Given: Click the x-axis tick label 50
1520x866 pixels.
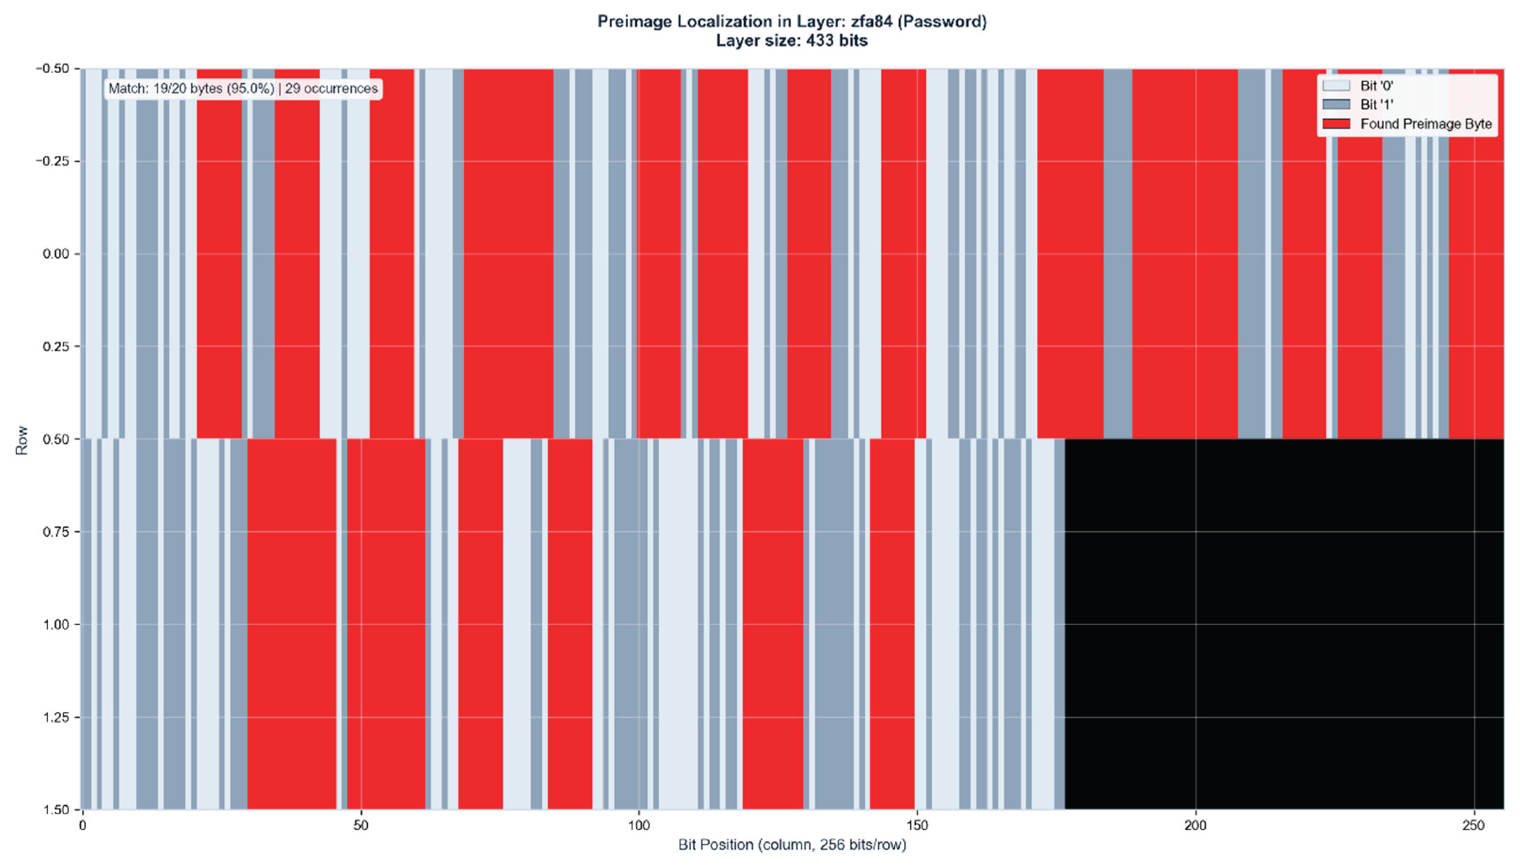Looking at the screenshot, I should (361, 826).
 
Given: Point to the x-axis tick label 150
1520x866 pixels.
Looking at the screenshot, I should (917, 826).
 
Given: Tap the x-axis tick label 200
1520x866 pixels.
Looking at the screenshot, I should (1195, 826).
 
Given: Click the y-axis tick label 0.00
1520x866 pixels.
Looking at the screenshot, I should (56, 254).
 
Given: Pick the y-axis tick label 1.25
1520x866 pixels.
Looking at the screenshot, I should (56, 717).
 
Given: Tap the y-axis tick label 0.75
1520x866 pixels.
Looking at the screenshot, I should (56, 532).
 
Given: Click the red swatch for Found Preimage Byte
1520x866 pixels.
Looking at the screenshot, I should (1336, 124).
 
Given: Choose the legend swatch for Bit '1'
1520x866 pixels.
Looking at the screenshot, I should (1336, 105).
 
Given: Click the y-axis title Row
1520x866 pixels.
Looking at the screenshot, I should (21, 440).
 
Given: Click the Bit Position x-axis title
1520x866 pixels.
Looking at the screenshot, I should (792, 845).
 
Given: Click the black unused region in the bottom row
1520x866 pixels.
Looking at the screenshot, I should (1283, 624).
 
